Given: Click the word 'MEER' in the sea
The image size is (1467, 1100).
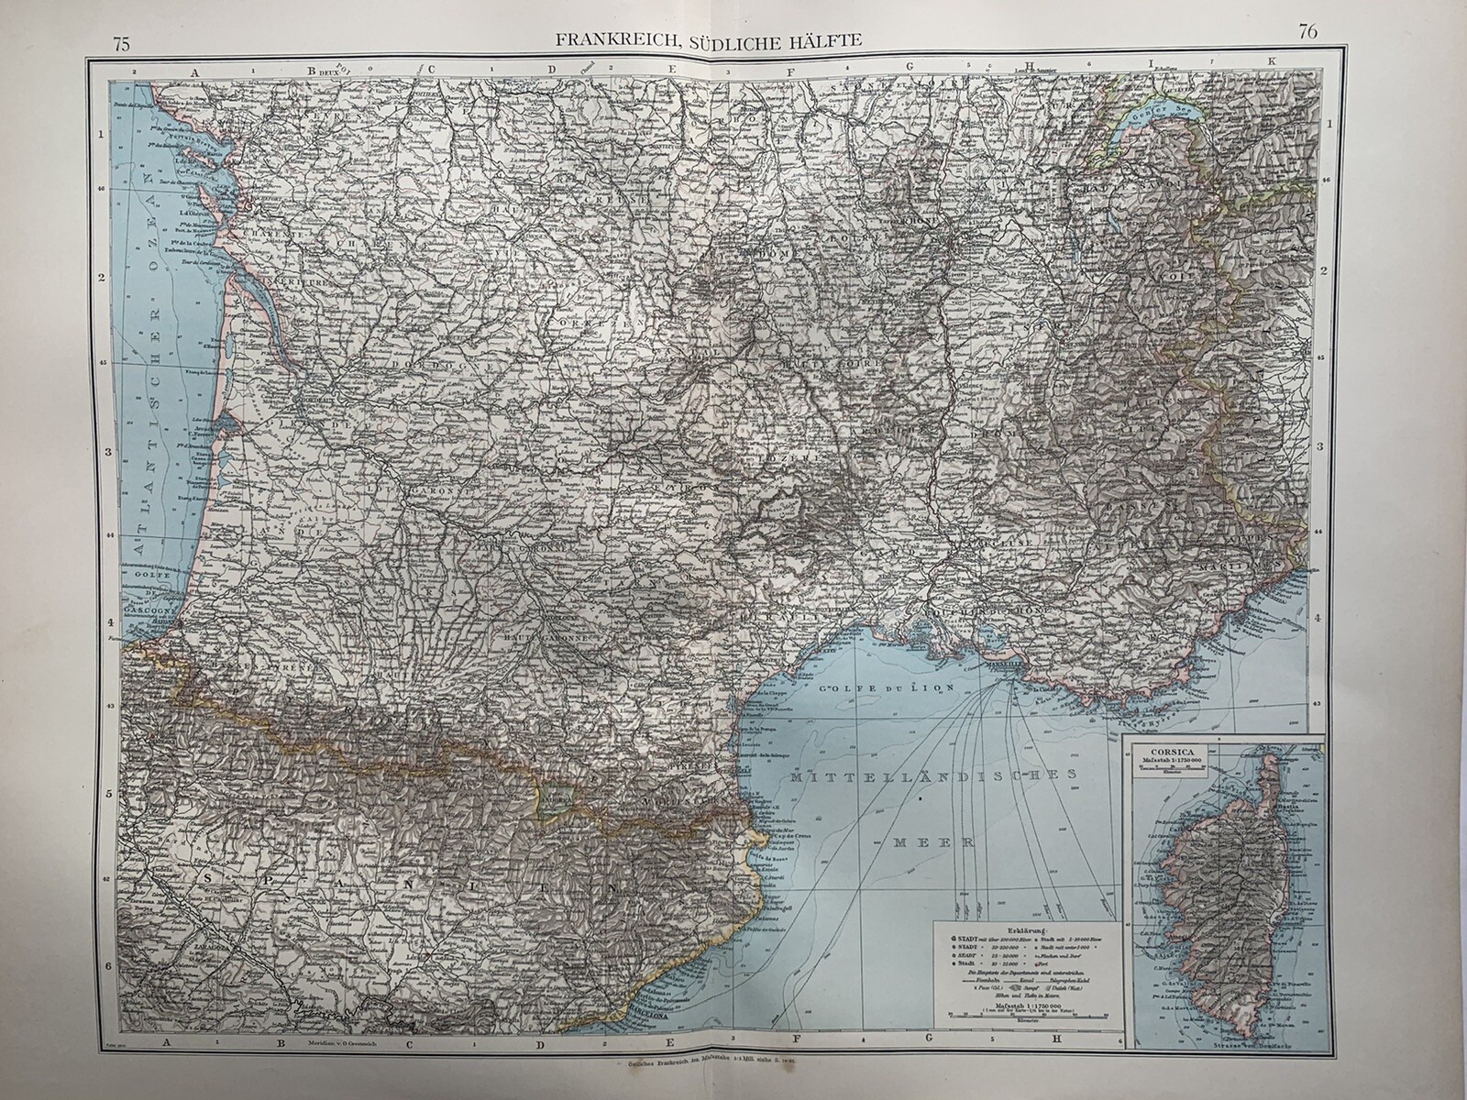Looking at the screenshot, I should (x=922, y=841).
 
